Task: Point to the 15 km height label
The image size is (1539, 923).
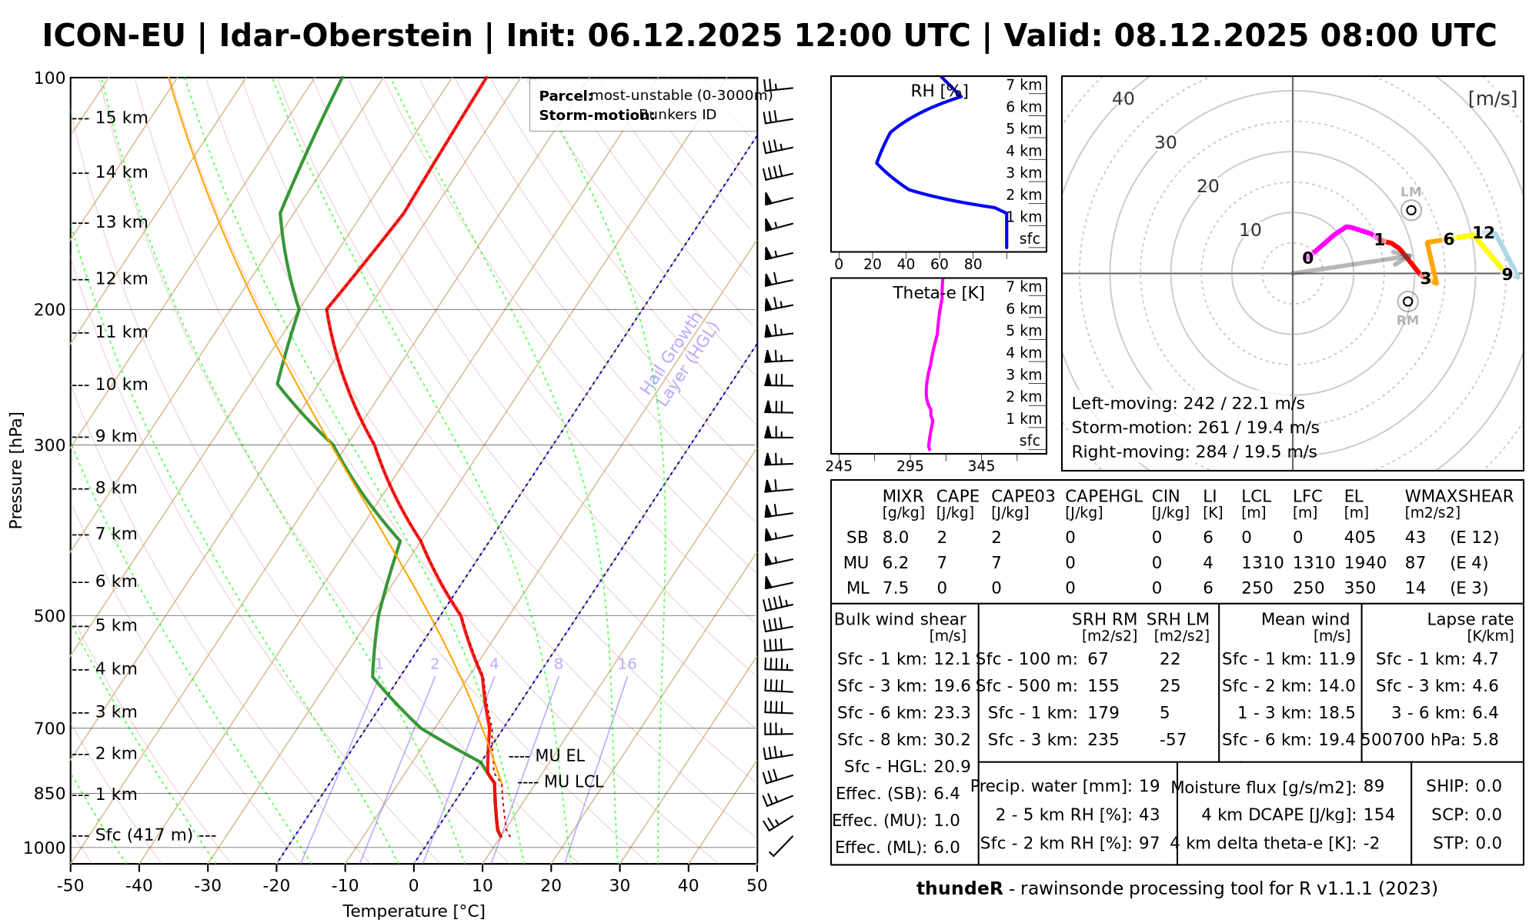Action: point(122,118)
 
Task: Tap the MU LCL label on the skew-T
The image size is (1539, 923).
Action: point(573,782)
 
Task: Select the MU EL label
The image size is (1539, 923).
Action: point(559,756)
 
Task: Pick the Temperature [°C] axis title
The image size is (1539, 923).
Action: point(414,911)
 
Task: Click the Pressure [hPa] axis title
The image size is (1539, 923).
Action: point(16,470)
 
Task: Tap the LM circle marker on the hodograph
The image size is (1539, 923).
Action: point(1410,210)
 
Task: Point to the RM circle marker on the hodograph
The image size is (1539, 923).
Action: point(1408,302)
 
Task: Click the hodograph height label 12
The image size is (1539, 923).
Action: point(1483,233)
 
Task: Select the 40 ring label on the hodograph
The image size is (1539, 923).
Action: point(1123,98)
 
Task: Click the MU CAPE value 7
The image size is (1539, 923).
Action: point(942,563)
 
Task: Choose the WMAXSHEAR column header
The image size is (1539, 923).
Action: point(1459,496)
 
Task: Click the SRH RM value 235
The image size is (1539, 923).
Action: point(1103,740)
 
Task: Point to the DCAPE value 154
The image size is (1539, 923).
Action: point(1379,815)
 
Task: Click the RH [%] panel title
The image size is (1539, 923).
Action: point(939,92)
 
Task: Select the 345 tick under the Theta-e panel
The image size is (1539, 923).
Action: point(981,466)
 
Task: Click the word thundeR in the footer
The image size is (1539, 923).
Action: point(960,889)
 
